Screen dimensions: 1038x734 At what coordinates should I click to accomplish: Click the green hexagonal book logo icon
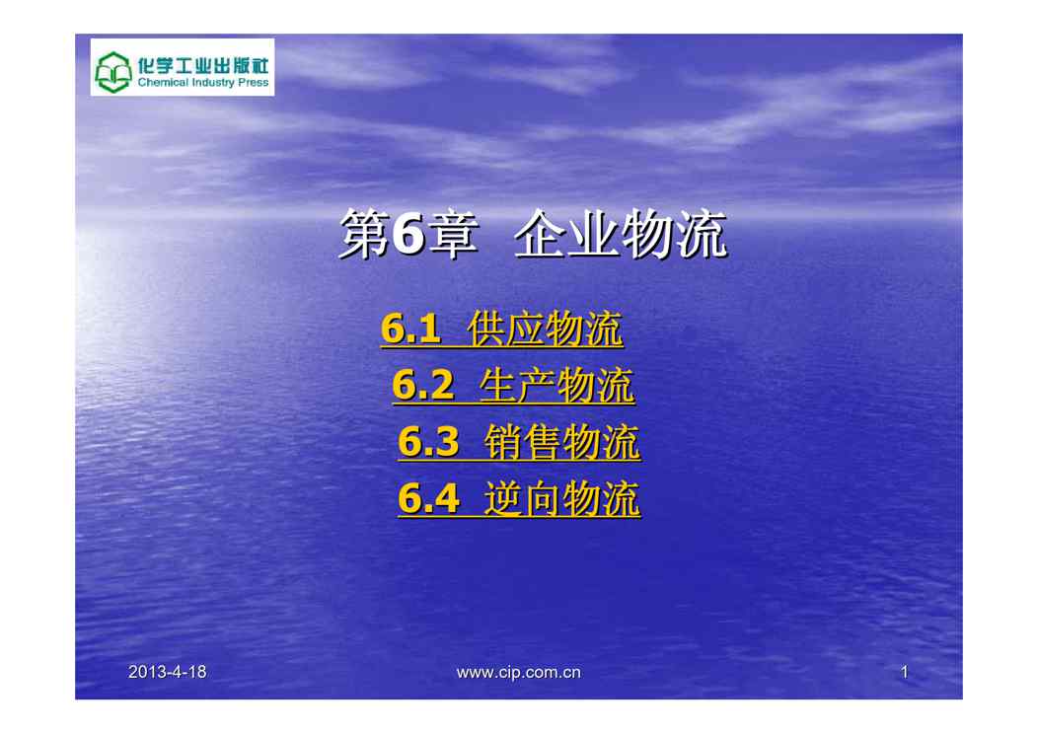tap(113, 71)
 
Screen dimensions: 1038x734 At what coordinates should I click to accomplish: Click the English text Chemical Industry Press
tap(203, 83)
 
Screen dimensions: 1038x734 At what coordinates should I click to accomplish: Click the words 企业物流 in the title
tap(621, 234)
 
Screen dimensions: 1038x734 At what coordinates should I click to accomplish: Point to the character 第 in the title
tap(365, 235)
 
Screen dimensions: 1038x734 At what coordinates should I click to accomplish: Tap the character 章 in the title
tap(453, 235)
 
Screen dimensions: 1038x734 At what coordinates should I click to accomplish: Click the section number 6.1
tap(410, 329)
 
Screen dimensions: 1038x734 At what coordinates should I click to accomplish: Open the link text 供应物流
tap(545, 329)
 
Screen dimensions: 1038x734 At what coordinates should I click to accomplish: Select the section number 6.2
tap(423, 385)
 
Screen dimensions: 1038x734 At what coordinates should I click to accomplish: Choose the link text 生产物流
tap(556, 385)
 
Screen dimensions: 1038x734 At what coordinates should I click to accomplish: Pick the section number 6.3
tap(428, 441)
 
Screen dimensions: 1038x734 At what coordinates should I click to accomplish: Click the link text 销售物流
tap(562, 441)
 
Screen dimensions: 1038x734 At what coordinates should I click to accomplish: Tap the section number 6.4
tap(428, 497)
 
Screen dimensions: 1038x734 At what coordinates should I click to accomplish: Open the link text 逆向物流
tap(562, 497)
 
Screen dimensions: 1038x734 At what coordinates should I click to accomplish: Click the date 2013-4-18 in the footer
tap(168, 672)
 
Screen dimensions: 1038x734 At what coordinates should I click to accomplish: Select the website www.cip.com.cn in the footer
tap(518, 673)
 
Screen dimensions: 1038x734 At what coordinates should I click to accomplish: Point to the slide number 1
tap(904, 673)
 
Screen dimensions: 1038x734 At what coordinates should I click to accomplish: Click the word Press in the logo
tap(253, 83)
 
